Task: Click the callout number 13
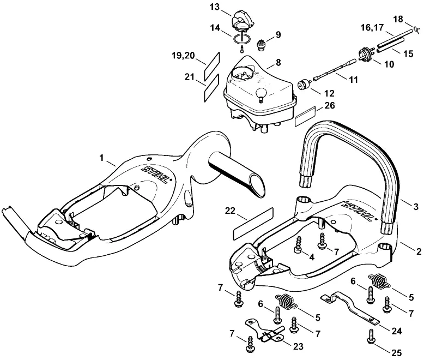(x=215, y=7)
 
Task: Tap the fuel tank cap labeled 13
(x=240, y=20)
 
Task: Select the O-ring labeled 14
(x=242, y=39)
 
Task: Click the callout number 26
(x=330, y=105)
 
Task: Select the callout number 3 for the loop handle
(x=416, y=206)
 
